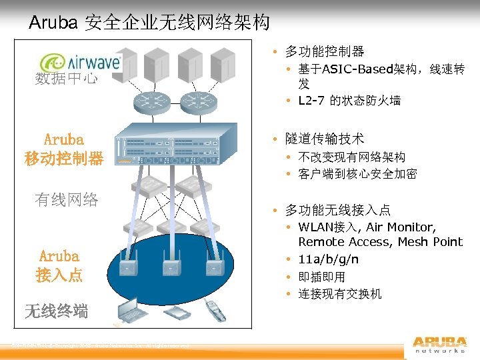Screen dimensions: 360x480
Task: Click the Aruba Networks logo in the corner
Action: [439, 343]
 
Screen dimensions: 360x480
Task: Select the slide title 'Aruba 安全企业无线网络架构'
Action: [149, 23]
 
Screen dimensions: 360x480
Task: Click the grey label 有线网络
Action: [67, 199]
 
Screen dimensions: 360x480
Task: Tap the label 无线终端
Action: [56, 310]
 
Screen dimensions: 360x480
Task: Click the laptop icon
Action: [133, 310]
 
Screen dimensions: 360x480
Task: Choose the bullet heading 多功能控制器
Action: [325, 51]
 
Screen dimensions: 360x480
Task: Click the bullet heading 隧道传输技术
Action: [325, 139]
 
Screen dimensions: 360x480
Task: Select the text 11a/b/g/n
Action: [328, 259]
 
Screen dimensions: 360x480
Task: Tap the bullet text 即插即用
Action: [321, 277]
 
